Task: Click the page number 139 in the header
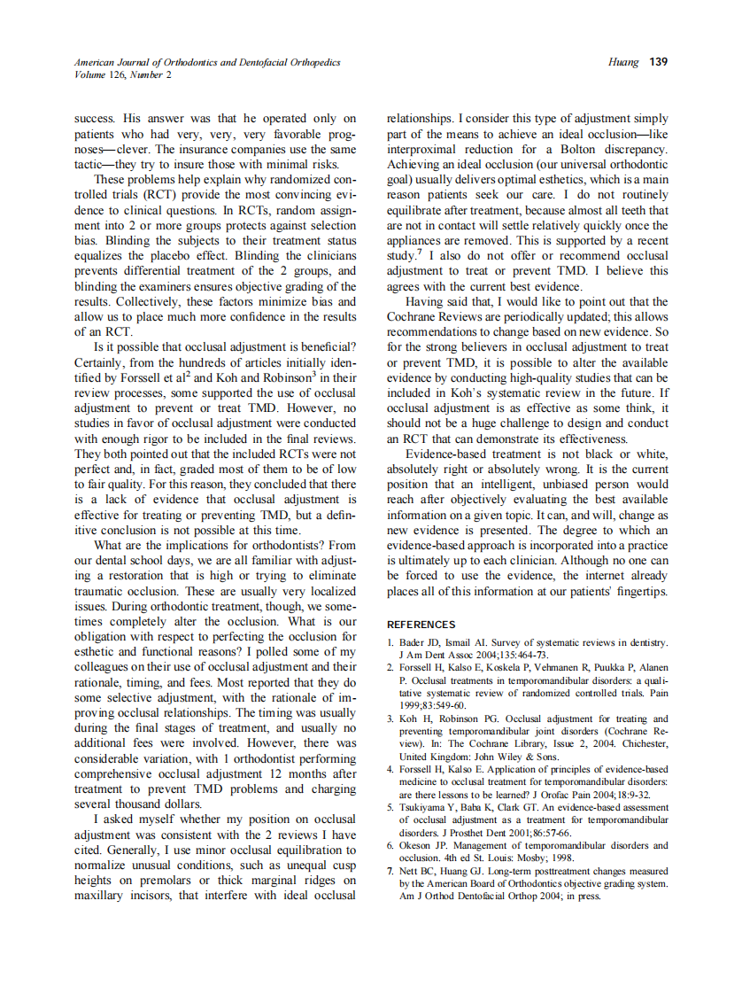658,62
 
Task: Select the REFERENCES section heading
421,625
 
